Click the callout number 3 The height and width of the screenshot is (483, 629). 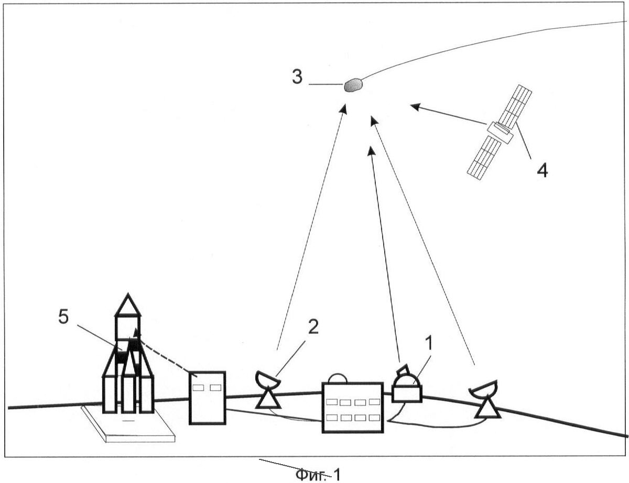[297, 78]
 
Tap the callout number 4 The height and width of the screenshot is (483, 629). [542, 170]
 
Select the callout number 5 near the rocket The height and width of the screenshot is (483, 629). [63, 317]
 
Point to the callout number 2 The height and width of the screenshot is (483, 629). [313, 327]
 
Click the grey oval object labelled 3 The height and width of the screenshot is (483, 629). [353, 85]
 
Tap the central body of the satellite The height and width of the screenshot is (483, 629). [500, 133]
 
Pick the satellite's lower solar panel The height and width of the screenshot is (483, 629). [484, 158]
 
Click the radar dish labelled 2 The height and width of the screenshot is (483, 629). [268, 389]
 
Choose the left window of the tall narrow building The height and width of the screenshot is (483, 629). [198, 387]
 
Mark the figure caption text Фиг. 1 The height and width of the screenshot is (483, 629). [318, 474]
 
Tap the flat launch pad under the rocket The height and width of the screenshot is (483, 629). [128, 424]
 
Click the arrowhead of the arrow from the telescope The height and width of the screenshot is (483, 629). [372, 151]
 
